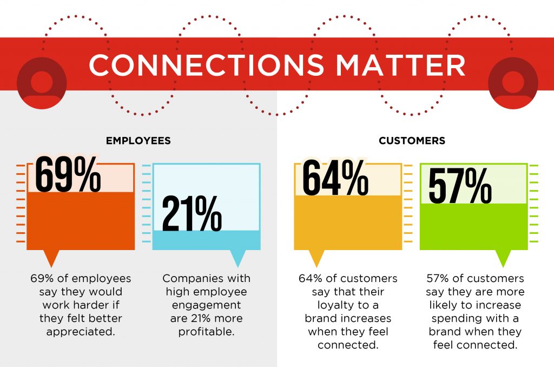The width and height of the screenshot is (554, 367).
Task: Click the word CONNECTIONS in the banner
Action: point(206,65)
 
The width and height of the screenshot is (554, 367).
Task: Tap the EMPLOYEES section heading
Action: point(138,141)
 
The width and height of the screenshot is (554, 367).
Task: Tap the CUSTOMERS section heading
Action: point(412,141)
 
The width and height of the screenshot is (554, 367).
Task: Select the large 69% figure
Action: point(68,175)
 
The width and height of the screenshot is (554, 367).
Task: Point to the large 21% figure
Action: point(192,214)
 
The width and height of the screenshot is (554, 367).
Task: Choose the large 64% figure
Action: point(335,178)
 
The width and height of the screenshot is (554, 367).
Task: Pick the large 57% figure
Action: point(460,186)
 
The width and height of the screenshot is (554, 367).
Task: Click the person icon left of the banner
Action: point(42,83)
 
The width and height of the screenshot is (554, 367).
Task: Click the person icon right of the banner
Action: point(513,83)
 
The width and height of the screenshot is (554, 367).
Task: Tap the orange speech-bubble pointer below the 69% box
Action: point(51,258)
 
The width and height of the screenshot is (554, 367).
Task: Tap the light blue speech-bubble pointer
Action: point(238,258)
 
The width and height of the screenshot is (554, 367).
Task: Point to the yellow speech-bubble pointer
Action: point(316,258)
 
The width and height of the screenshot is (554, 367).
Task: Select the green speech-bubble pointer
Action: point(503,258)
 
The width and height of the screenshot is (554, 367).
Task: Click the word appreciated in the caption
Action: point(81,332)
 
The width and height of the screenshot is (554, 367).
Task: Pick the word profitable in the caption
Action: point(206,332)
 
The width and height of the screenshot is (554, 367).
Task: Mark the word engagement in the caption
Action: point(206,305)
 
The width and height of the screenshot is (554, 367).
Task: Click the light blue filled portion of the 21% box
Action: point(206,240)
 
